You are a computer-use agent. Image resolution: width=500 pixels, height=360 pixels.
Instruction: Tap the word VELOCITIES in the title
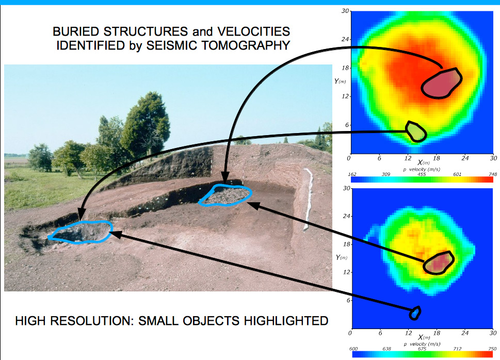coord(253,31)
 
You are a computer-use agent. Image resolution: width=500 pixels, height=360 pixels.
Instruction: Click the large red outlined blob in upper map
coord(441,84)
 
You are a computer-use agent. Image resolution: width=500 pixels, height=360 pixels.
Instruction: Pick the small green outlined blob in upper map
coord(415,132)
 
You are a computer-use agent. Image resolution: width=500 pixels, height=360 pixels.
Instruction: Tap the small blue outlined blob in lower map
coord(415,313)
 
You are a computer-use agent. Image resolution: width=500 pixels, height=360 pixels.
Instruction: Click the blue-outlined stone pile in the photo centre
coord(225,195)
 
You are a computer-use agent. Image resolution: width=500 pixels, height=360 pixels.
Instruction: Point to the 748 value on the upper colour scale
coord(493,174)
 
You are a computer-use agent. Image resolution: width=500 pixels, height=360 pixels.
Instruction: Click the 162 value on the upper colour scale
coord(352,174)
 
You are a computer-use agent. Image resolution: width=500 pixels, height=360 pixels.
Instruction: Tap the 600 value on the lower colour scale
coord(353,349)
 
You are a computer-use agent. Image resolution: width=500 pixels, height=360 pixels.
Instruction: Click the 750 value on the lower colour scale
coord(492,349)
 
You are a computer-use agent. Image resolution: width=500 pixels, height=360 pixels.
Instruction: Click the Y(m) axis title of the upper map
coord(340,81)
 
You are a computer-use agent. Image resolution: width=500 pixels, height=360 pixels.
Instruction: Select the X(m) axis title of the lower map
coord(424,337)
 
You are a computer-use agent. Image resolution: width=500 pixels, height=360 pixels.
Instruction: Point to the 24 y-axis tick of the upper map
coord(345,39)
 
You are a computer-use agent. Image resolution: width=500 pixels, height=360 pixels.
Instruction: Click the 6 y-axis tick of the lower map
coord(348,300)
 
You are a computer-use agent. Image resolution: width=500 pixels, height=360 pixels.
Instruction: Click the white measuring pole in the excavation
coord(308,199)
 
